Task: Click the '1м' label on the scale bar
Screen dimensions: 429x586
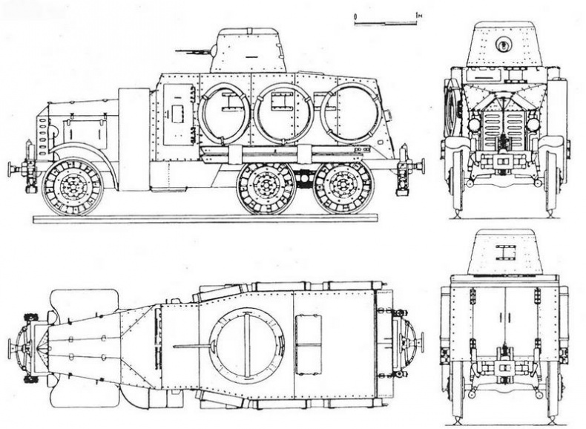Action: tap(419, 15)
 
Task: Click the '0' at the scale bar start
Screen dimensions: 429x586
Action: tap(355, 15)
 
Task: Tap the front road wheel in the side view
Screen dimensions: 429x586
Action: tap(72, 186)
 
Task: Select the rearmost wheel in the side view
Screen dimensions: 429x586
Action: tap(340, 187)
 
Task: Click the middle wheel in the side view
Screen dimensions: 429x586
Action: tap(266, 187)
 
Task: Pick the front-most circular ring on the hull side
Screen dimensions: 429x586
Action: tap(224, 113)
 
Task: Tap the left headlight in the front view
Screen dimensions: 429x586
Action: tap(474, 124)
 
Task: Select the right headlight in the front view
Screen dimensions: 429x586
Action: tap(539, 124)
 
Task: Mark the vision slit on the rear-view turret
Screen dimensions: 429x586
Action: tap(506, 248)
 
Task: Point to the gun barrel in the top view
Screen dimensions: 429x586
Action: tap(191, 345)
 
